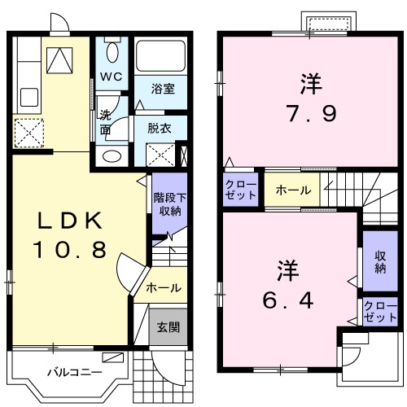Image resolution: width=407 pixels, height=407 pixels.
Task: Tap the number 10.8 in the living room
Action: (70, 251)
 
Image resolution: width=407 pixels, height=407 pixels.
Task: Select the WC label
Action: (112, 77)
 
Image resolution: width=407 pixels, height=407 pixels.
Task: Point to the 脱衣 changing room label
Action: (160, 127)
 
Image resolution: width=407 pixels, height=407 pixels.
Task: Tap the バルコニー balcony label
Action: (73, 372)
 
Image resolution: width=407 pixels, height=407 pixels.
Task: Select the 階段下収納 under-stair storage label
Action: (167, 204)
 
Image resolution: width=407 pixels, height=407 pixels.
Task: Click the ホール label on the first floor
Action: (164, 288)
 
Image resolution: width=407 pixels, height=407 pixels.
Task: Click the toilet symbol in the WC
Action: (112, 52)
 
